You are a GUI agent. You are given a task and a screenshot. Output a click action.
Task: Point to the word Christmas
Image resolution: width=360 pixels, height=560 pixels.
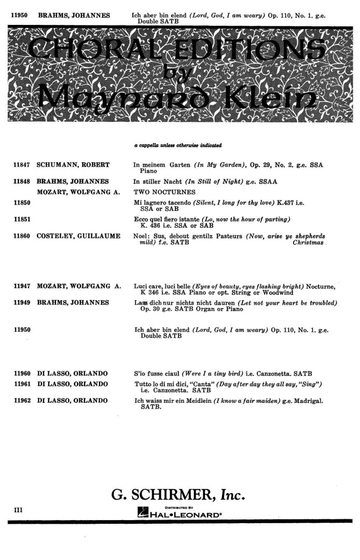[x=309, y=242]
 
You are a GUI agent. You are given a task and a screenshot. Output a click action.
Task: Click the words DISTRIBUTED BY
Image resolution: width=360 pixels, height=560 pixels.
[x=179, y=507]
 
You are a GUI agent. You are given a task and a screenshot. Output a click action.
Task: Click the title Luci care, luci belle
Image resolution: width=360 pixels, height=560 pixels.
[x=162, y=286]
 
